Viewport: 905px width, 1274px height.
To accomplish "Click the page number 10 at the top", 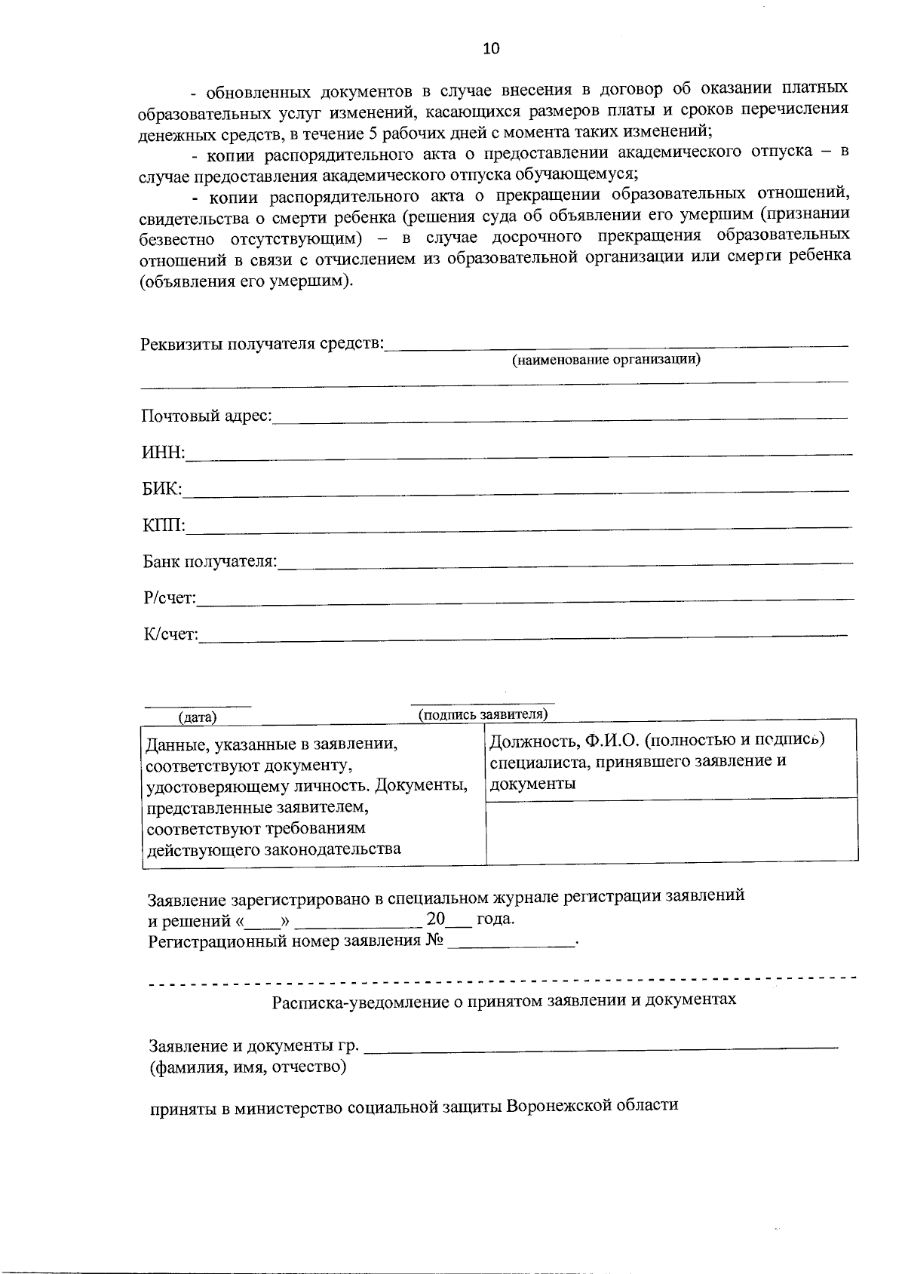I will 490,49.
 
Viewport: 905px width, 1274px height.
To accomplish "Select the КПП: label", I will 164,525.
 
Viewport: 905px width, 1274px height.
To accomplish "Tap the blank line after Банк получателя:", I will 566,563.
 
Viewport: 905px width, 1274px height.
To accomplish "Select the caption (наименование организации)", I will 606,360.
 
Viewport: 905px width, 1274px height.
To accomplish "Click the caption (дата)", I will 198,717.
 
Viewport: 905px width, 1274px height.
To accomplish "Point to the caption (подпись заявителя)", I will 483,714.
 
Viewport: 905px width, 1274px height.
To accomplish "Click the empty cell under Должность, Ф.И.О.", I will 671,830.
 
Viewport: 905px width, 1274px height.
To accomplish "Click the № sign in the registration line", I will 433,941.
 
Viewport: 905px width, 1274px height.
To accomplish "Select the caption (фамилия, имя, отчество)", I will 248,1067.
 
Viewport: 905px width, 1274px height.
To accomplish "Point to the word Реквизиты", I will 181,344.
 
